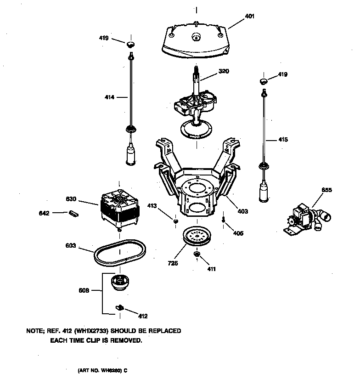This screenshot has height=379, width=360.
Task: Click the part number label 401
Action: (x=250, y=16)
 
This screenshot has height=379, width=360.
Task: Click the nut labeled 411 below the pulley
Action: (x=197, y=254)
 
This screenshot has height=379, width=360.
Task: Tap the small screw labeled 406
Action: (x=223, y=220)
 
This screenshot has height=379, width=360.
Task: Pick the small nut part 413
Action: (x=175, y=222)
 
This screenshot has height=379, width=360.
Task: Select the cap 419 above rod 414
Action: (x=131, y=44)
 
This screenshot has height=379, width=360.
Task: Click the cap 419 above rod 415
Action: (x=264, y=81)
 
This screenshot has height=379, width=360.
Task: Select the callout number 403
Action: (x=242, y=211)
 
